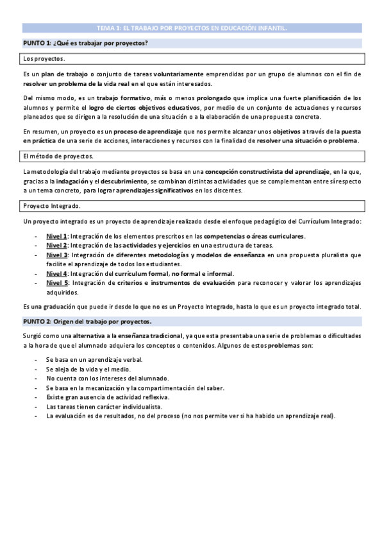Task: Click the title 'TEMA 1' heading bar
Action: (192, 28)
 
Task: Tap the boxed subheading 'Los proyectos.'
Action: (40, 59)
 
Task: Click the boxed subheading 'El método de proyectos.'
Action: (58, 157)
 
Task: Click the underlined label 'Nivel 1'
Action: (56, 236)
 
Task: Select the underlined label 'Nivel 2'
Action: (56, 245)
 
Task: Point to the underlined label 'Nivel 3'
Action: (56, 255)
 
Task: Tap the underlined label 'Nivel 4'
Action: (56, 273)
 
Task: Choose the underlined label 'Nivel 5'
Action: (56, 282)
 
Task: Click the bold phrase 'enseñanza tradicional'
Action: (147, 336)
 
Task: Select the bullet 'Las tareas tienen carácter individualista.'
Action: (104, 407)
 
